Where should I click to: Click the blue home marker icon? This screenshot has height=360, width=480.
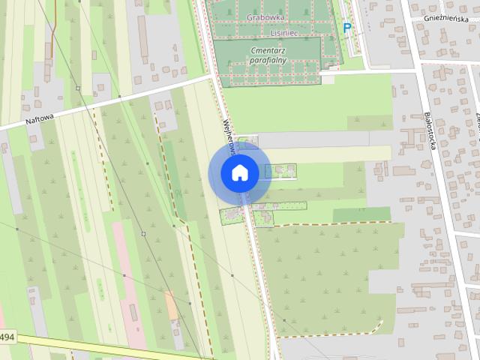pos(239,173)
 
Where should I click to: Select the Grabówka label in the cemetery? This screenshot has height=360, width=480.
pos(265,16)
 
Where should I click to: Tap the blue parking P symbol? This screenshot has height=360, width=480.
pos(346,28)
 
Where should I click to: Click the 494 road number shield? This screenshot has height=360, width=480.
pos(6,337)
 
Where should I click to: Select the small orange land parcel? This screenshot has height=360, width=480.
pos(172,304)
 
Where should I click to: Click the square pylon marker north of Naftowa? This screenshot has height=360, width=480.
pos(78,88)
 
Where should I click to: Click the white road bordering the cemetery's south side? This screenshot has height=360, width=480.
pos(367,72)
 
